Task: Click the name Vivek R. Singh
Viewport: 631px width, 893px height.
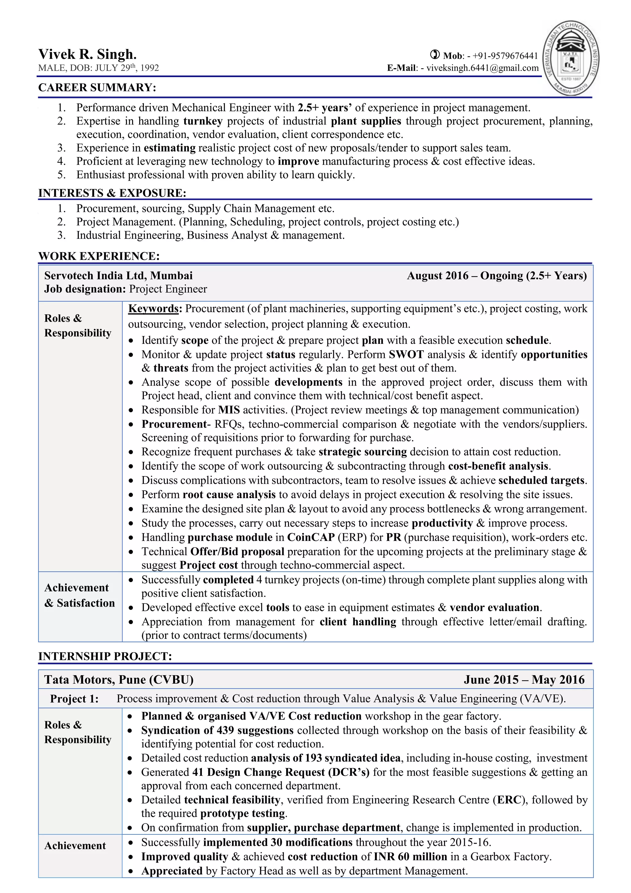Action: [x=88, y=54]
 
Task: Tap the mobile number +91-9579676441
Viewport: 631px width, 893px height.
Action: [x=505, y=56]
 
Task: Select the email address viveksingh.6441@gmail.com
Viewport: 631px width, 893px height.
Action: [x=482, y=68]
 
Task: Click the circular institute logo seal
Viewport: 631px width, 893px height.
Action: [x=571, y=58]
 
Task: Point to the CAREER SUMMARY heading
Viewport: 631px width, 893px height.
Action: [x=97, y=88]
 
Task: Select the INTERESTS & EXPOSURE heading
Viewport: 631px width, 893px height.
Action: [x=112, y=193]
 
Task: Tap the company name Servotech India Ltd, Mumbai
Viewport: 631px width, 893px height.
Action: [x=118, y=275]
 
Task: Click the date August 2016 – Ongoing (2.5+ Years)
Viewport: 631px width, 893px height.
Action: [x=497, y=275]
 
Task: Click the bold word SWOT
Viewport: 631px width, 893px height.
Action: [x=406, y=354]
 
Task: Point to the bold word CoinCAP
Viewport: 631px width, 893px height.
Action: [x=311, y=537]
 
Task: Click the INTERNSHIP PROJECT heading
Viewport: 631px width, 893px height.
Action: [x=105, y=656]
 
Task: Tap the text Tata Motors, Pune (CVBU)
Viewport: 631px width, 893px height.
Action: [x=119, y=680]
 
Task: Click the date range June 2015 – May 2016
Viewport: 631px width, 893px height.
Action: [x=524, y=680]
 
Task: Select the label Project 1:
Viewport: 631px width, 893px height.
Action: [x=74, y=699]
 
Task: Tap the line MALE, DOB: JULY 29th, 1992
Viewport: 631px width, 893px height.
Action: [x=99, y=68]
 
